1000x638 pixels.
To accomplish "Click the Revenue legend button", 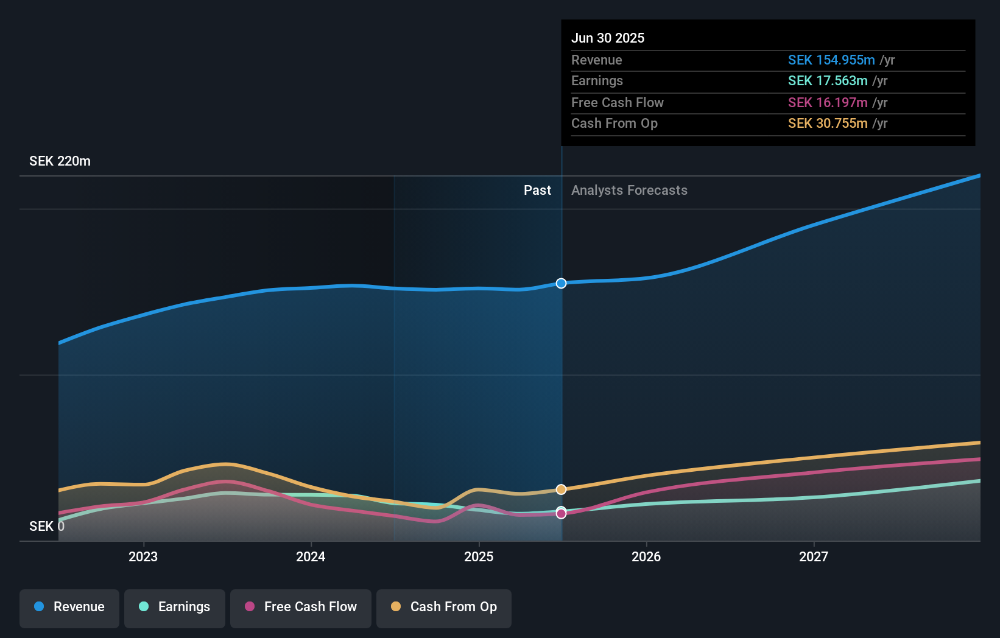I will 69,608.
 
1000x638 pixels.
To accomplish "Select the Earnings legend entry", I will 175,608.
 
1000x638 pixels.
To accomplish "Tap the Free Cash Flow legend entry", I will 301,608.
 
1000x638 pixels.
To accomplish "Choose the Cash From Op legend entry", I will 444,608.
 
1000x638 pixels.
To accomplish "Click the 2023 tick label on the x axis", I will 143,556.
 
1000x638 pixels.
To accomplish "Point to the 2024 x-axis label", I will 311,556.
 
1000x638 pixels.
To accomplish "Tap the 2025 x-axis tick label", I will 479,556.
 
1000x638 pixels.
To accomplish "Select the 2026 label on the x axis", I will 646,556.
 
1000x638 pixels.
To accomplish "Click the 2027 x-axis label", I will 814,556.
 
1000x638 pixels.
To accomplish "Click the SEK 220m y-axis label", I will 60,161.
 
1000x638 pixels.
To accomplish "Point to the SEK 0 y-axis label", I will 46,527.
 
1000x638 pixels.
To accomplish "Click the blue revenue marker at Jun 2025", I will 561,283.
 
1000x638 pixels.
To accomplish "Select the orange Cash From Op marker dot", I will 561,489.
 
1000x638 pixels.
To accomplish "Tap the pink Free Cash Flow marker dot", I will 561,514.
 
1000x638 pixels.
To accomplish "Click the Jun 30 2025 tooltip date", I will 607,38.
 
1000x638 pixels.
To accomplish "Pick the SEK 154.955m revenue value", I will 831,60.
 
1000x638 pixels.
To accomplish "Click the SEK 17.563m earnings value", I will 828,81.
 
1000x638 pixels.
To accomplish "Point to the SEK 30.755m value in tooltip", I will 828,124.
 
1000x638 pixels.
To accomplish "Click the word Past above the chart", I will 537,191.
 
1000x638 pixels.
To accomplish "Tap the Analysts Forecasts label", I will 629,191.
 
